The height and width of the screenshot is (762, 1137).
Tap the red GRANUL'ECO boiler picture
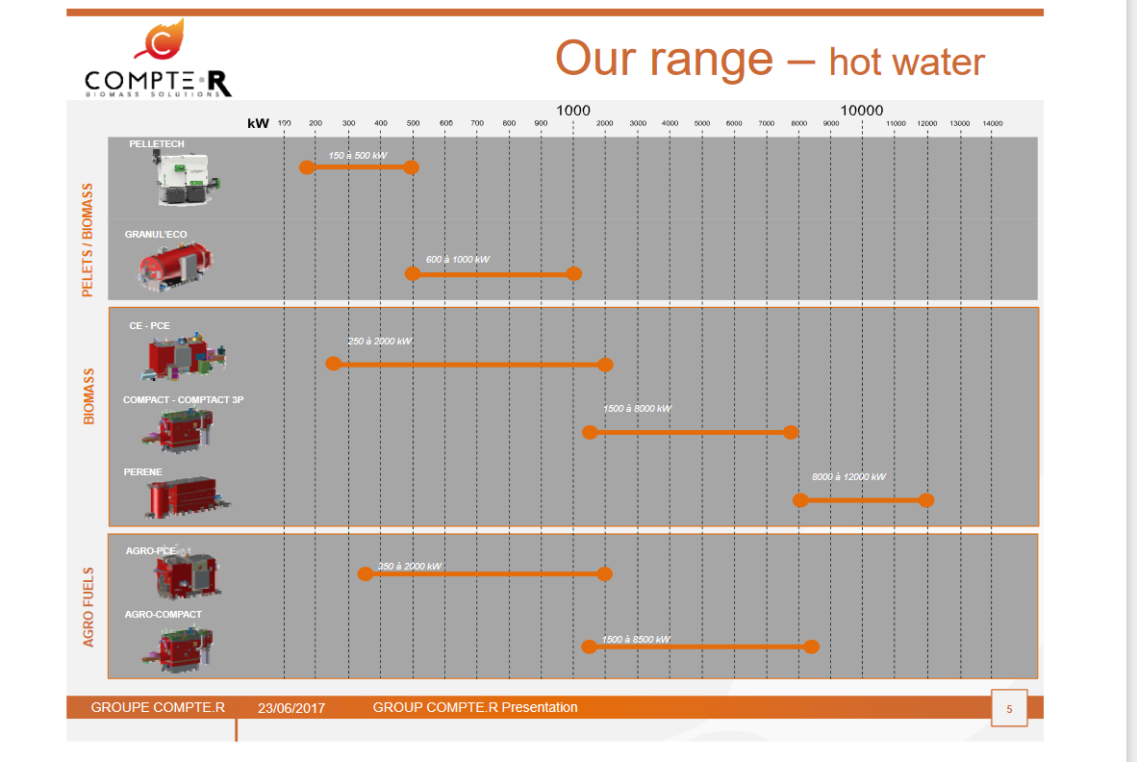pyautogui.click(x=174, y=264)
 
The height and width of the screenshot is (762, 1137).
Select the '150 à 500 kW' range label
pyautogui.click(x=357, y=155)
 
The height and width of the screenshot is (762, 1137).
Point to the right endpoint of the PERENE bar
pyautogui.click(x=925, y=500)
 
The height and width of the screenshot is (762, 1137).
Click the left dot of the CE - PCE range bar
pyautogui.click(x=333, y=364)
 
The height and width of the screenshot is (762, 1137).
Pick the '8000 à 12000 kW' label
pyautogui.click(x=848, y=477)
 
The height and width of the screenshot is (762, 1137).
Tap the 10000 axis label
pyautogui.click(x=861, y=111)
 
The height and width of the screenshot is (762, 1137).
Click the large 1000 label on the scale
pyautogui.click(x=573, y=111)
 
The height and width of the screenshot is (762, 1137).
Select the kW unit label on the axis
pyautogui.click(x=258, y=123)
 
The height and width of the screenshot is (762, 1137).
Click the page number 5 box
pyautogui.click(x=1009, y=709)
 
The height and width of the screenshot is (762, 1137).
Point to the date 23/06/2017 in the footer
pyautogui.click(x=291, y=708)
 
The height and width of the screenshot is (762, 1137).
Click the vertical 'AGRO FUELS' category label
pyautogui.click(x=88, y=606)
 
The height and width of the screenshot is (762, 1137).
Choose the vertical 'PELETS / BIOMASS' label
pyautogui.click(x=88, y=240)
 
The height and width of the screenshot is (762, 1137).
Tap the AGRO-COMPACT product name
pyautogui.click(x=164, y=614)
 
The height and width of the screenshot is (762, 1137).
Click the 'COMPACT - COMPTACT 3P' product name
pyautogui.click(x=183, y=399)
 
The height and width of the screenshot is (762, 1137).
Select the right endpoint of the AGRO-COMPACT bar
pyautogui.click(x=811, y=646)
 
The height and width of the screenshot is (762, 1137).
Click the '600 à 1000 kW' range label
pyautogui.click(x=458, y=260)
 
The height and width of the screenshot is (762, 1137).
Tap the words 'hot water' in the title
pyautogui.click(x=906, y=63)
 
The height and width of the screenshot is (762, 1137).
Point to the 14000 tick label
pyautogui.click(x=993, y=123)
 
